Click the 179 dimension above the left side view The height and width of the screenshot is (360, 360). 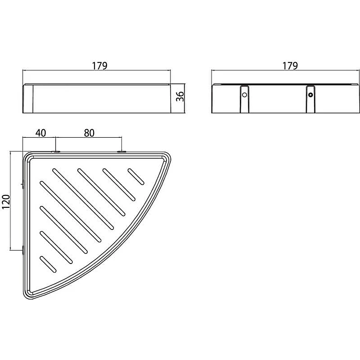(x=100, y=66)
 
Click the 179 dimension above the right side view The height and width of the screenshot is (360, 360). (x=290, y=66)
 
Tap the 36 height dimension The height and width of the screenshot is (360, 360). (x=180, y=96)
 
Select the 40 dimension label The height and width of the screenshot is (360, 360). (x=41, y=133)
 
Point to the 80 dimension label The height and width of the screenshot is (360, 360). (x=89, y=133)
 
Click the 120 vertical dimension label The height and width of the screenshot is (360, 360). (x=6, y=202)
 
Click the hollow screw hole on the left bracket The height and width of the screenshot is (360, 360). (x=244, y=95)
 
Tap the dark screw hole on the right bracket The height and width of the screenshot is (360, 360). (x=311, y=95)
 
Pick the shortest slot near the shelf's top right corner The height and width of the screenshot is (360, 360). (x=136, y=177)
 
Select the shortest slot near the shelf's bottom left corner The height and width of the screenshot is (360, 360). (x=48, y=264)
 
